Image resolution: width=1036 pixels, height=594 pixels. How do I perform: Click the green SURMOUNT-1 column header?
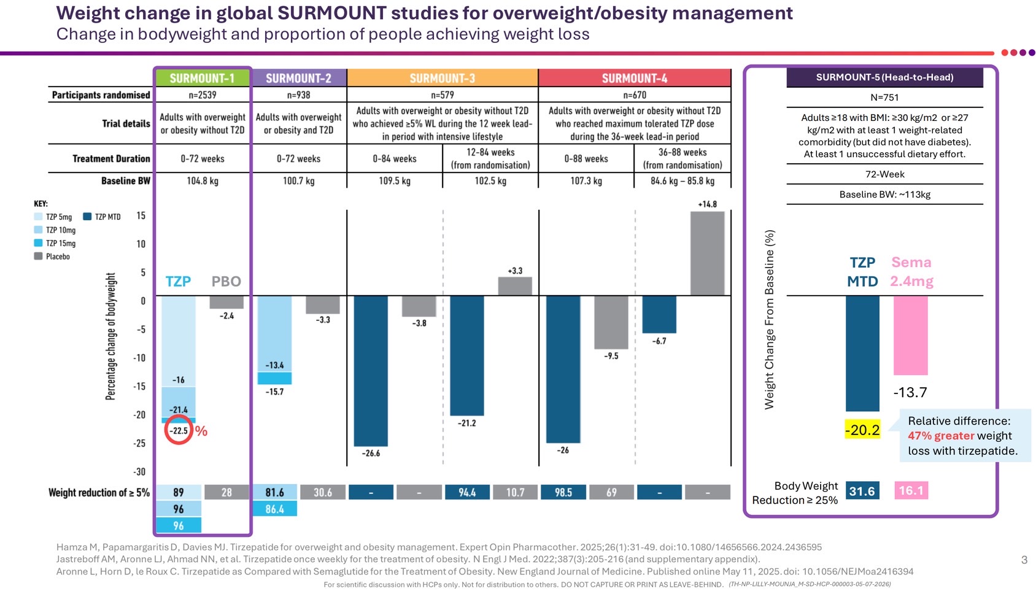pyautogui.click(x=202, y=78)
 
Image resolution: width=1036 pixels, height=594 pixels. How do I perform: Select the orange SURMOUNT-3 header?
pyautogui.click(x=443, y=78)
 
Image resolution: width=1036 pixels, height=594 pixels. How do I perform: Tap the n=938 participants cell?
pyautogui.click(x=299, y=95)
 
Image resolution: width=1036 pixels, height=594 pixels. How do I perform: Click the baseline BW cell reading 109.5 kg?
pyautogui.click(x=395, y=181)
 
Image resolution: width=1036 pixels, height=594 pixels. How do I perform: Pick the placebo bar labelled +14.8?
pyautogui.click(x=707, y=253)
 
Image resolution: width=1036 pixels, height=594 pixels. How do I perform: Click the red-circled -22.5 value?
pyautogui.click(x=179, y=431)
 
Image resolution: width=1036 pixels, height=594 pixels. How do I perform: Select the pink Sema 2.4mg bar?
pyautogui.click(x=910, y=335)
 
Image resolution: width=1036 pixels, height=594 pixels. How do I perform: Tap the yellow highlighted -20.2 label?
pyautogui.click(x=862, y=430)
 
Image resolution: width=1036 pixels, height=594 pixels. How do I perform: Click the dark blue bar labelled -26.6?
pyautogui.click(x=371, y=371)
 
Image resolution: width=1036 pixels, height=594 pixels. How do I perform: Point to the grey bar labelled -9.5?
pyautogui.click(x=611, y=322)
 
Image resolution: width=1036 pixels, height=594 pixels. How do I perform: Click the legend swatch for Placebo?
pyautogui.click(x=39, y=256)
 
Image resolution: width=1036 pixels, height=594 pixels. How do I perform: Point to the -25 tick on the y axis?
pyautogui.click(x=141, y=444)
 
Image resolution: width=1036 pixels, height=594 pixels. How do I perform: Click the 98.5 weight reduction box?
pyautogui.click(x=563, y=492)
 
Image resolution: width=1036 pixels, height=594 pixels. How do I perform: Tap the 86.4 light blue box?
pyautogui.click(x=274, y=509)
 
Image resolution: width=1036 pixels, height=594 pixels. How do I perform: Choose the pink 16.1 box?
pyautogui.click(x=911, y=490)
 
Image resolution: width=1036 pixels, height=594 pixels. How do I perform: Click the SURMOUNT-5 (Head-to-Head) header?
pyautogui.click(x=884, y=77)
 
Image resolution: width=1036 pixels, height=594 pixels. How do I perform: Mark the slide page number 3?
pyautogui.click(x=1024, y=560)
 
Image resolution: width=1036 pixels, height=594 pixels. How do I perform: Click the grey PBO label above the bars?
pyautogui.click(x=226, y=282)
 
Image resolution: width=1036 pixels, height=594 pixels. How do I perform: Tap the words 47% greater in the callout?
pyautogui.click(x=941, y=436)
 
